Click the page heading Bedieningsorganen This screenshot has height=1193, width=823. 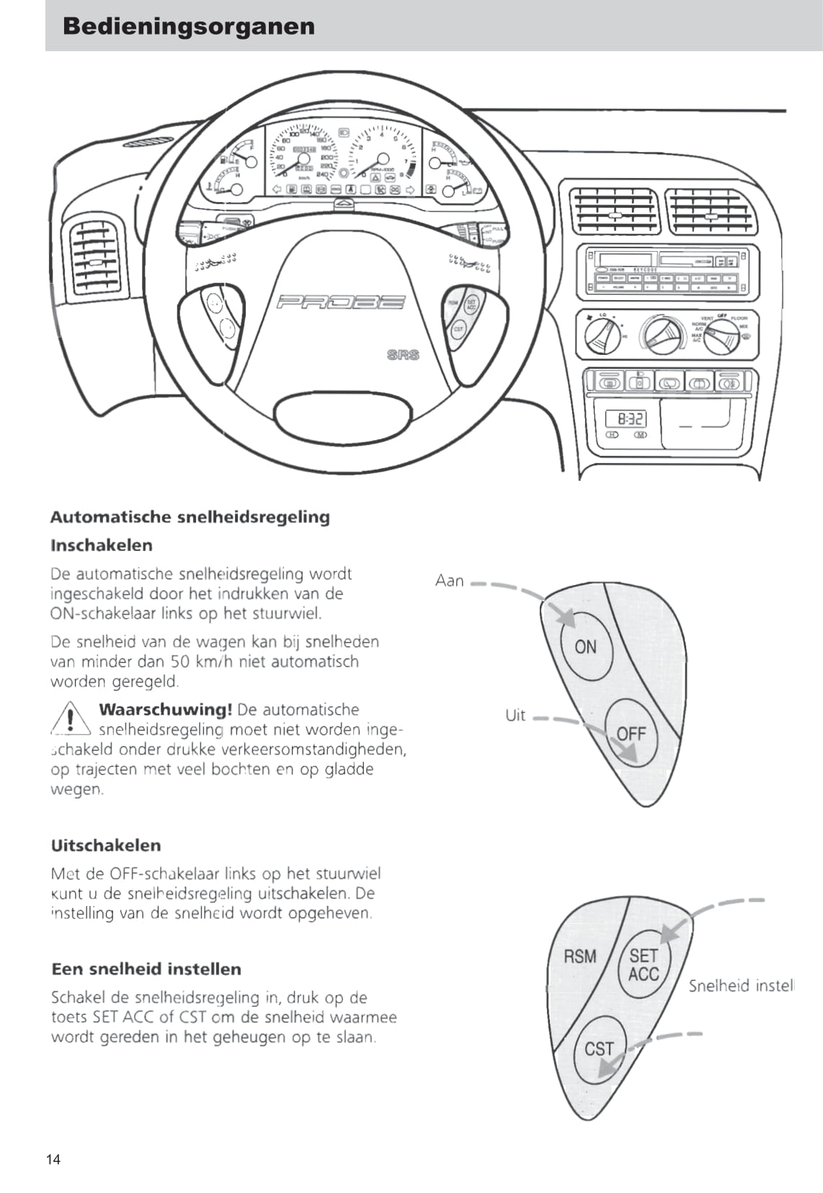click(189, 27)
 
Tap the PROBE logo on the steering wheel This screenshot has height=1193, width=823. click(341, 302)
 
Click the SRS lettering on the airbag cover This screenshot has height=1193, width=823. click(403, 355)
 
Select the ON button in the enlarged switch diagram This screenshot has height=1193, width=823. click(585, 647)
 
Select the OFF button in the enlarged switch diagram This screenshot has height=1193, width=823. click(631, 734)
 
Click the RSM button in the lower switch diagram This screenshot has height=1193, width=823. click(580, 957)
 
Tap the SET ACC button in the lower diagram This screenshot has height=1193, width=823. click(644, 965)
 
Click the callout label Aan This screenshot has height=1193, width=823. click(449, 581)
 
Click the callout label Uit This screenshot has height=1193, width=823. click(515, 716)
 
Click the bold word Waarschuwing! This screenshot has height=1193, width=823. click(165, 710)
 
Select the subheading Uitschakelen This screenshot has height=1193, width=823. click(106, 845)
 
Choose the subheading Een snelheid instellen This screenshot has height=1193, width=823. click(146, 969)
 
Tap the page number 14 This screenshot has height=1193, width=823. click(53, 1160)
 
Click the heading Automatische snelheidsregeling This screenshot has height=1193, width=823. click(190, 517)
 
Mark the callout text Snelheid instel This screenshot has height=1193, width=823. click(741, 986)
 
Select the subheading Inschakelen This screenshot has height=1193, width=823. click(102, 546)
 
